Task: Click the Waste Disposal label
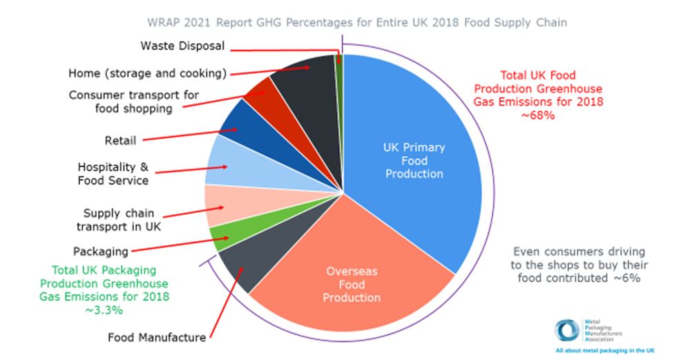[x=182, y=46]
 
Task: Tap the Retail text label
[x=120, y=141]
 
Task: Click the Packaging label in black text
[x=101, y=252]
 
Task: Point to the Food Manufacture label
[x=157, y=338]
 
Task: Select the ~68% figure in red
[x=538, y=115]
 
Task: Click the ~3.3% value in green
[x=104, y=310]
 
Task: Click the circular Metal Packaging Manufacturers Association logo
[x=567, y=331]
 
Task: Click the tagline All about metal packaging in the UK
[x=605, y=351]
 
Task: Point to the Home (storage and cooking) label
[x=147, y=73]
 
